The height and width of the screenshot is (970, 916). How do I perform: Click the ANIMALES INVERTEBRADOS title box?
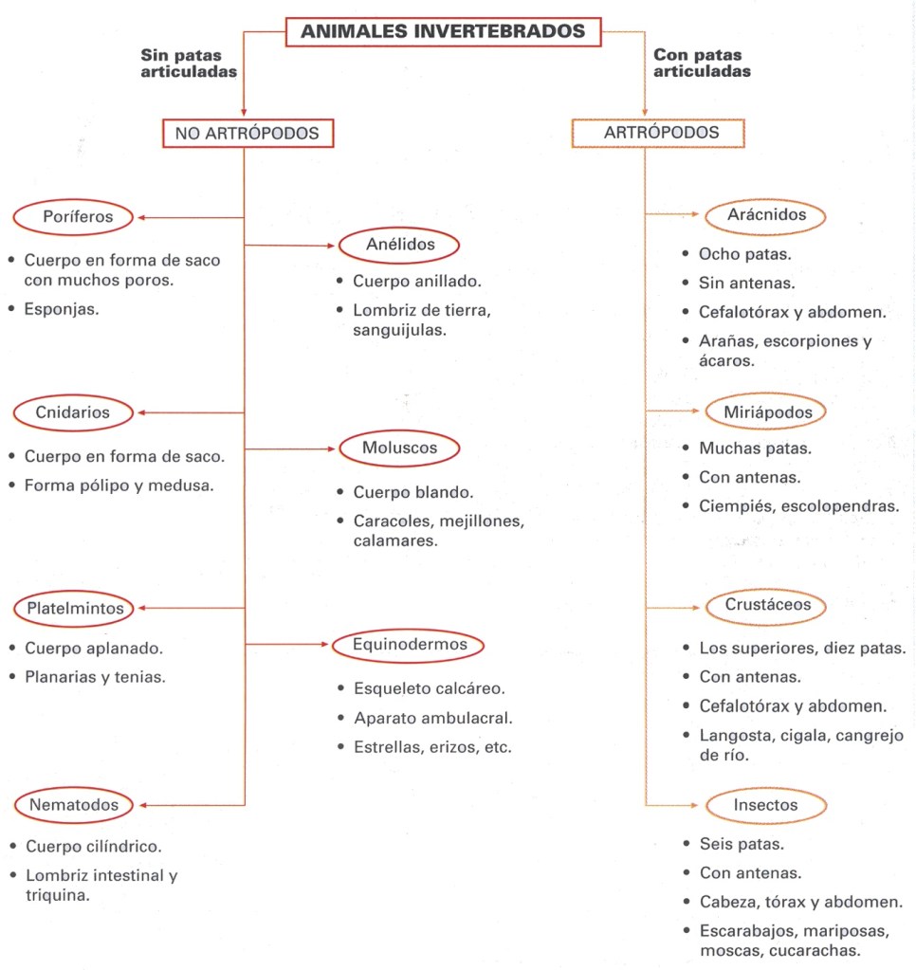(x=443, y=31)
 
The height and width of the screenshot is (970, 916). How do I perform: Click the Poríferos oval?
(x=78, y=217)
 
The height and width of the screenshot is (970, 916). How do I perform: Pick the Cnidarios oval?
(x=73, y=412)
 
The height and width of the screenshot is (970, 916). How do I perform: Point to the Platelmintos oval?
(x=75, y=608)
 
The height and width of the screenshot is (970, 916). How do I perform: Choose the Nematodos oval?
(x=74, y=805)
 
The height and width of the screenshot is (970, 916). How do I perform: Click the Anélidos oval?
(x=399, y=246)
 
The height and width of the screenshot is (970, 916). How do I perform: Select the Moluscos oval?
(x=398, y=448)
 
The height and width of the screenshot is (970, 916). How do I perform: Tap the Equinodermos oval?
(x=408, y=646)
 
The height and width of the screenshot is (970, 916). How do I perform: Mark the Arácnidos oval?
(x=766, y=215)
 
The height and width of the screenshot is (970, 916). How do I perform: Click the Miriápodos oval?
(x=766, y=412)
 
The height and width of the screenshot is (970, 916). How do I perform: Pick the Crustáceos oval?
(x=766, y=606)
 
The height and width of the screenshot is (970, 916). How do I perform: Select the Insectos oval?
(x=766, y=806)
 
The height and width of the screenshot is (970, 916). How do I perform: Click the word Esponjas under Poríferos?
(x=61, y=307)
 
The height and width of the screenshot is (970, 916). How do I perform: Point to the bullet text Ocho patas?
(x=744, y=254)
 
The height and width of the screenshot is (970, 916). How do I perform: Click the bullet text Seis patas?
(x=742, y=843)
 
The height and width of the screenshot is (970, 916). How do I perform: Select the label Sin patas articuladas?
(x=189, y=63)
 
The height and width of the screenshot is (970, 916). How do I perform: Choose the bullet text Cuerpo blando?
(x=413, y=492)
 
